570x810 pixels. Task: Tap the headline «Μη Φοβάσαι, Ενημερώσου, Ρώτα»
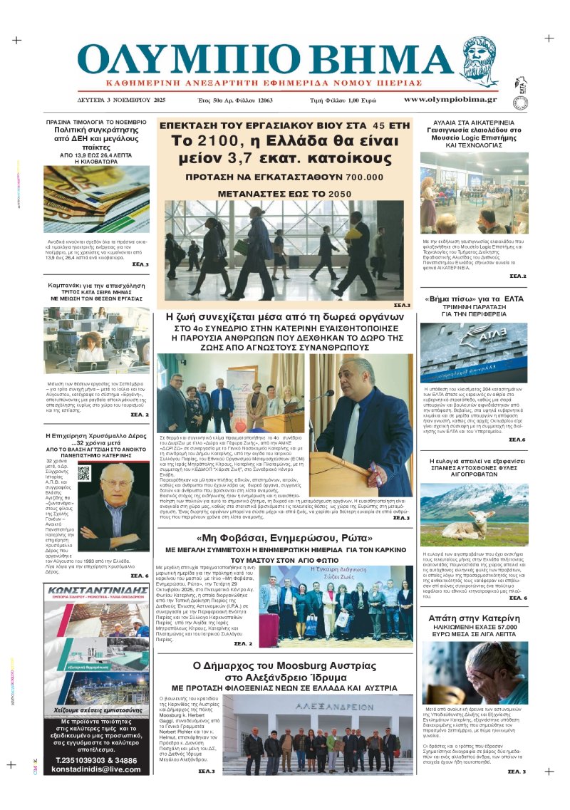coord(286,538)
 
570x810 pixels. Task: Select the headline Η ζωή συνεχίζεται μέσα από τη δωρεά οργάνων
coord(285,317)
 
